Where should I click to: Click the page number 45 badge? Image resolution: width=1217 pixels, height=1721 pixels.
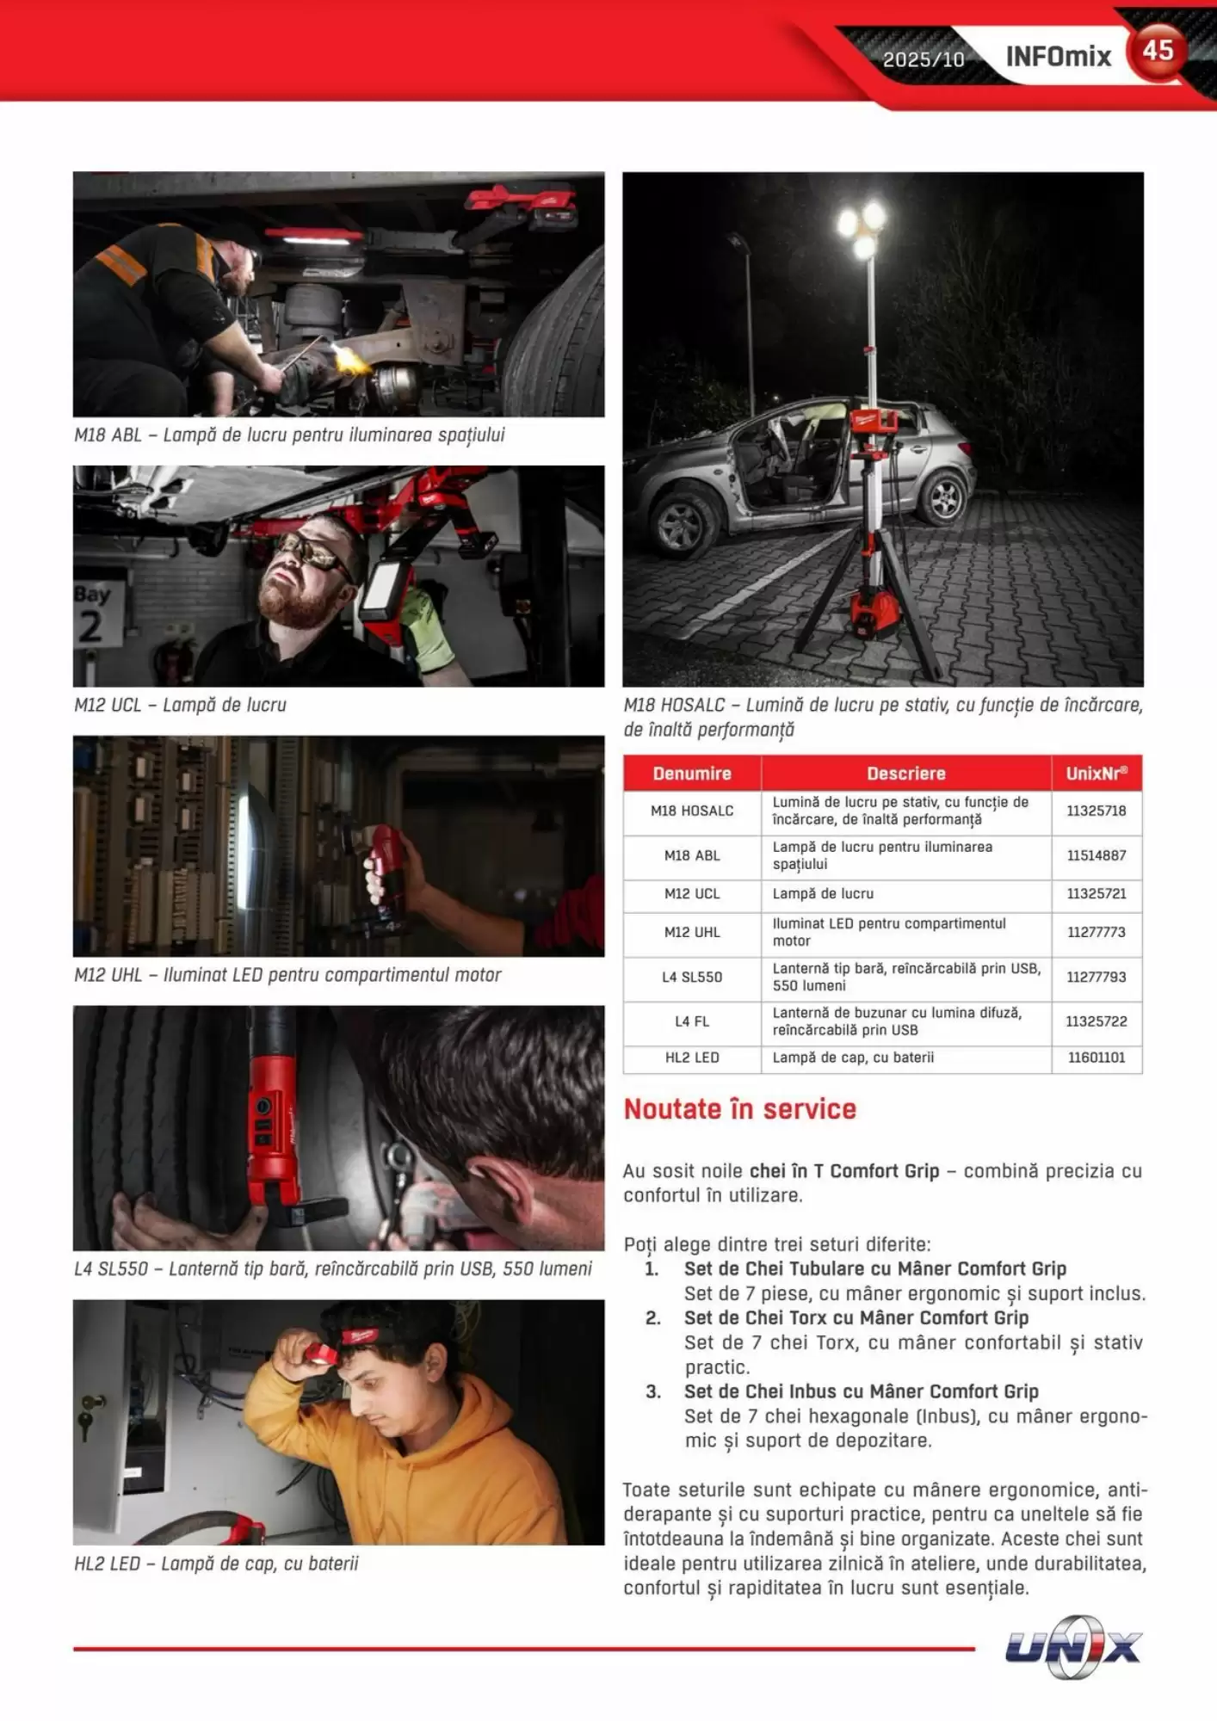[x=1158, y=52]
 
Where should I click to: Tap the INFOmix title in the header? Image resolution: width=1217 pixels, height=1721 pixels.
[x=1059, y=57]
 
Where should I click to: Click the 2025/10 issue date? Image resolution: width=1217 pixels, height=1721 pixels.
[x=924, y=59]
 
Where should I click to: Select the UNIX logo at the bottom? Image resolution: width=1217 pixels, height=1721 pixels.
[x=1073, y=1647]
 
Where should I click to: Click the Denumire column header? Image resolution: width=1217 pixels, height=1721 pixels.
[x=692, y=774]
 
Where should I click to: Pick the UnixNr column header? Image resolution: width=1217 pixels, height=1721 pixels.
[x=1097, y=774]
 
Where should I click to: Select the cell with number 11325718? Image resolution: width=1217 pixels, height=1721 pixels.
[x=1097, y=811]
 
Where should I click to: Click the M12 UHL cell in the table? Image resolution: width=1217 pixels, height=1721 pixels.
[x=692, y=932]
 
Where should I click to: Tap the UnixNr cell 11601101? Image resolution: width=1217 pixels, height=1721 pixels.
[x=1097, y=1058]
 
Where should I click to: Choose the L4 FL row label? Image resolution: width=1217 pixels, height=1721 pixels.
[x=692, y=1021]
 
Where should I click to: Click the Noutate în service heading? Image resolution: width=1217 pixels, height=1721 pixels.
[x=740, y=1109]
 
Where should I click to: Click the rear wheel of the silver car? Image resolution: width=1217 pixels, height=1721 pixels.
[x=944, y=497]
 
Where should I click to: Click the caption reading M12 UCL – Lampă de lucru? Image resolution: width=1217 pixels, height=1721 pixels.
[x=180, y=705]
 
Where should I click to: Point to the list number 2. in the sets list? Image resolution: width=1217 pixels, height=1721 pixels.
[x=653, y=1317]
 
